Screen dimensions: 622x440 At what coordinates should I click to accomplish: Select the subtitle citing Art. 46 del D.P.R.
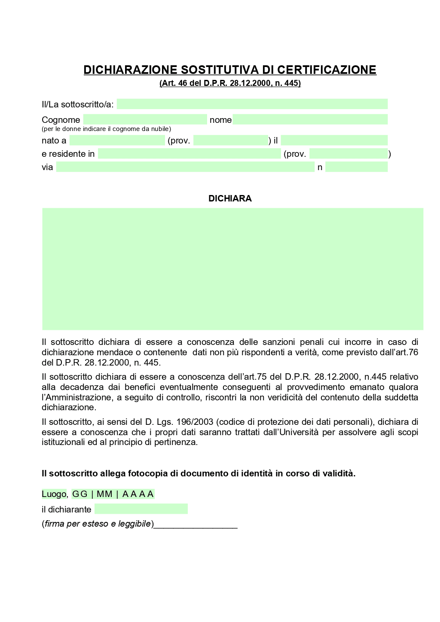230,83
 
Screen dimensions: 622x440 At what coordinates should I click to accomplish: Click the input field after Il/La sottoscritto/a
252,104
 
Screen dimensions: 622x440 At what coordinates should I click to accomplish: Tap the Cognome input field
145,119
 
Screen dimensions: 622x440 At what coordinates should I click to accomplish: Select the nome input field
310,119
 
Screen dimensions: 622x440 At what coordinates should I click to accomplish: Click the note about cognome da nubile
106,129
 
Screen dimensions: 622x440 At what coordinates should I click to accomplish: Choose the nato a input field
117,140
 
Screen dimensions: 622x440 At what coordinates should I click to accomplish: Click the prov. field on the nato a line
230,140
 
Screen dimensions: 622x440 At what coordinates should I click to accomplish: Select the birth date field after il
334,140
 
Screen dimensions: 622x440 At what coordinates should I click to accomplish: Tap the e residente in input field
189,154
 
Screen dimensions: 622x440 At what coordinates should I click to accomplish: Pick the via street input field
185,167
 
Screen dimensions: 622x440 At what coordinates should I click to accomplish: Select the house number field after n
356,167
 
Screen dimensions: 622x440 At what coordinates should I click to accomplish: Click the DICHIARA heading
230,198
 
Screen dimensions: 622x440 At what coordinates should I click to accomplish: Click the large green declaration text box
232,269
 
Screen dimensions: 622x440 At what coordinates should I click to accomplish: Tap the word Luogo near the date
54,494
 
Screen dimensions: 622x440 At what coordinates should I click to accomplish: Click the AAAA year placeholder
137,494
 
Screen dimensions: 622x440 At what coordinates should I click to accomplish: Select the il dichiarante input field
141,509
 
